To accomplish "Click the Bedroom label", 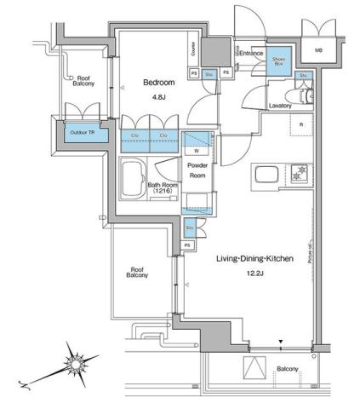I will coord(158,83).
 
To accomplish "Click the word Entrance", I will coord(251,53).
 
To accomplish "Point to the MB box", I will coord(319,50).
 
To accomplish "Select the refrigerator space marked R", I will coord(300,124).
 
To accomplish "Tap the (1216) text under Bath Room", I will coord(163,192).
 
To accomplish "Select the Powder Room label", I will coord(197,170).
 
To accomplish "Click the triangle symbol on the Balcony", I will coord(254,368).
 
